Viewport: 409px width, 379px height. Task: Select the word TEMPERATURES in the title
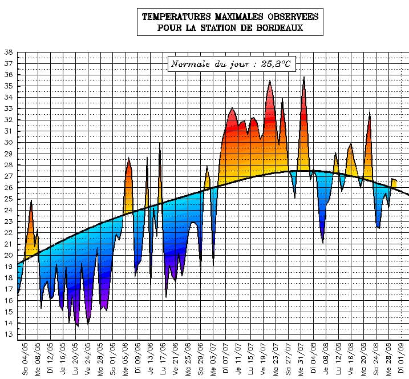click(177, 17)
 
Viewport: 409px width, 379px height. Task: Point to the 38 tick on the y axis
click(9, 53)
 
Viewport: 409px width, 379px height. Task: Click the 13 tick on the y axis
click(9, 335)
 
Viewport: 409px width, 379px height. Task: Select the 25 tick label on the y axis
click(9, 199)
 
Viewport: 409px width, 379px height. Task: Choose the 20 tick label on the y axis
click(9, 256)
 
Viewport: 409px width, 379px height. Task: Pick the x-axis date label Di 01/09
click(401, 358)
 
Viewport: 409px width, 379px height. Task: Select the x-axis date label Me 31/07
click(301, 358)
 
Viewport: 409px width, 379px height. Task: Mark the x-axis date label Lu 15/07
click(251, 358)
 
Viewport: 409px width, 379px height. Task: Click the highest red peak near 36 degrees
click(304, 78)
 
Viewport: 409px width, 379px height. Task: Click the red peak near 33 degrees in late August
click(370, 111)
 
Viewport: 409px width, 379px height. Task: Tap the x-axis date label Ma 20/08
click(363, 358)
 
